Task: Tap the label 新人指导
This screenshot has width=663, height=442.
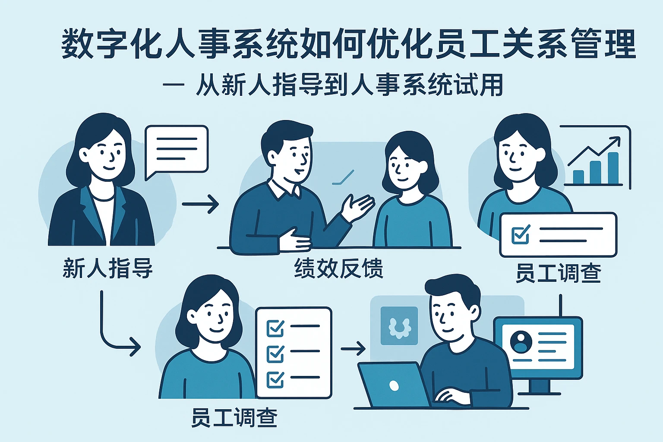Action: tap(107, 268)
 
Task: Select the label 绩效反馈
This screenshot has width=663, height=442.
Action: tap(338, 268)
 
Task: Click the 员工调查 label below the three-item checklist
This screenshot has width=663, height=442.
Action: tap(234, 418)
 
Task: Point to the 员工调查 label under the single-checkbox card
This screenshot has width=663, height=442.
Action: tap(558, 273)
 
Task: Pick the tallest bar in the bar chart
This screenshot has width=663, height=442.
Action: tap(613, 168)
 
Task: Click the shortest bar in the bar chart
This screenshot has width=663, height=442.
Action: tap(578, 177)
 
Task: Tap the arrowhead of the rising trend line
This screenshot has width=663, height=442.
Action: tap(616, 141)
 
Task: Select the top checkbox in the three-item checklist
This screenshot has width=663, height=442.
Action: tap(275, 328)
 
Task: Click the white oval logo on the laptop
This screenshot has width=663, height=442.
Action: tap(394, 385)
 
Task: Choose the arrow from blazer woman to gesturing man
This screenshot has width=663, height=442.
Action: tap(200, 204)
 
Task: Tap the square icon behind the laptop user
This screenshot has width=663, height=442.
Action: tap(399, 326)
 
